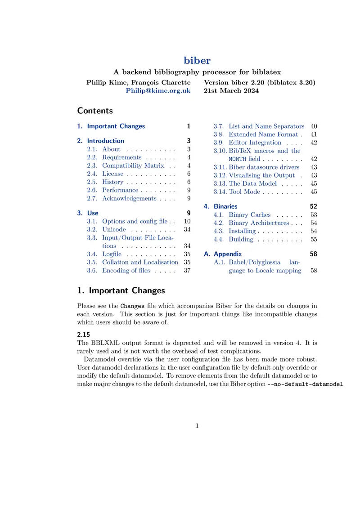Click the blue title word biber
click(x=197, y=60)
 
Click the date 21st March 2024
click(x=231, y=90)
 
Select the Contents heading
click(x=95, y=111)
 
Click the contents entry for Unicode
click(x=114, y=229)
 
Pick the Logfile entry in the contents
click(x=112, y=254)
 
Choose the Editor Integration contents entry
click(x=255, y=143)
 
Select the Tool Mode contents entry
click(x=244, y=192)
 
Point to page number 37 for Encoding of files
click(x=187, y=270)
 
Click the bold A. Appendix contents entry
click(x=228, y=254)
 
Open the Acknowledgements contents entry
click(x=129, y=198)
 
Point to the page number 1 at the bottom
click(x=197, y=426)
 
